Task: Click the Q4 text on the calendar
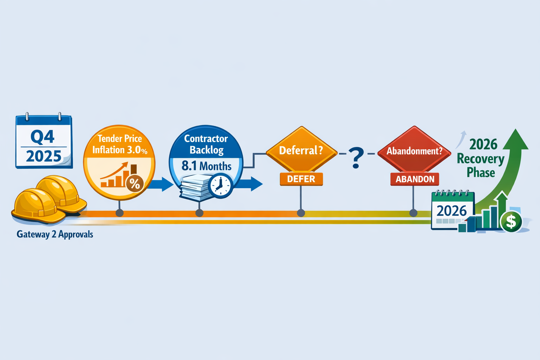pyautogui.click(x=43, y=136)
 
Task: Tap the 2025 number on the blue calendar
pyautogui.click(x=44, y=156)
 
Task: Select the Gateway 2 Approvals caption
pyautogui.click(x=55, y=234)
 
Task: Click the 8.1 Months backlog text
pyautogui.click(x=207, y=166)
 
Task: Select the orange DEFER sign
pyautogui.click(x=301, y=179)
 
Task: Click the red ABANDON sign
pyautogui.click(x=415, y=179)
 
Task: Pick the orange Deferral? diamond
pyautogui.click(x=301, y=150)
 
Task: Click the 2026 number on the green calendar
pyautogui.click(x=452, y=211)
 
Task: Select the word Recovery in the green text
pyautogui.click(x=481, y=159)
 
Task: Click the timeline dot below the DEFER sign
pyautogui.click(x=301, y=213)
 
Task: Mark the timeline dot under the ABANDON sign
pyautogui.click(x=413, y=213)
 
